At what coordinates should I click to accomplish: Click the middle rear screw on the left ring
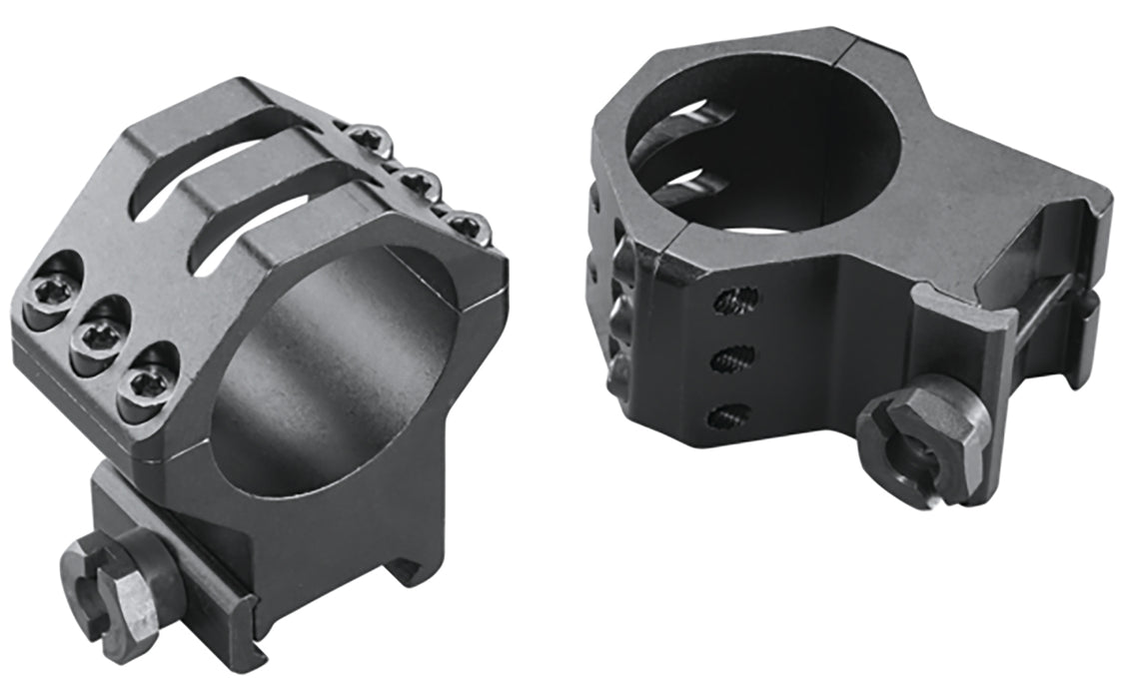[411, 181]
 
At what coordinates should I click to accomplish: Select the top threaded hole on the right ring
[739, 299]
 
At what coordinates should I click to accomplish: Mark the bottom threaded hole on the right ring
[726, 413]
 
